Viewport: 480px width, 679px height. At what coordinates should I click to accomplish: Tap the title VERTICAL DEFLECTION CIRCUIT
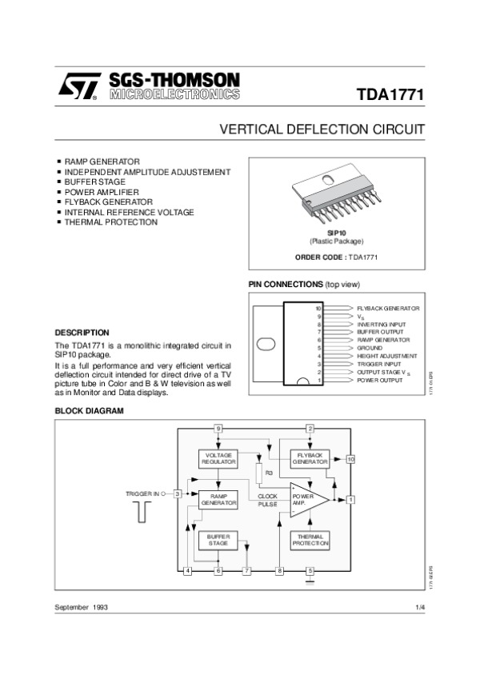pyautogui.click(x=322, y=130)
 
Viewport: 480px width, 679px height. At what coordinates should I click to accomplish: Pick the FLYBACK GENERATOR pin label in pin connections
pyautogui.click(x=388, y=308)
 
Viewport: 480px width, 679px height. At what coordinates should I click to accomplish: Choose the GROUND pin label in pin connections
pyautogui.click(x=370, y=348)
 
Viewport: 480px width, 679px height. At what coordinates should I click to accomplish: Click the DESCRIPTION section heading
pyautogui.click(x=81, y=332)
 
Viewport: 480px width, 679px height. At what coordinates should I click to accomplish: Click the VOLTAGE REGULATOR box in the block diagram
pyautogui.click(x=218, y=458)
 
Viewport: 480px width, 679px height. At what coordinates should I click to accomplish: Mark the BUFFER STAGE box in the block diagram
pyautogui.click(x=218, y=539)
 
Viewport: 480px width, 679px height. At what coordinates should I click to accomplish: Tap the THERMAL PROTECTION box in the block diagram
pyautogui.click(x=310, y=539)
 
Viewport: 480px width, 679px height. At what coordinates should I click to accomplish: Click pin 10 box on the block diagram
pyautogui.click(x=350, y=458)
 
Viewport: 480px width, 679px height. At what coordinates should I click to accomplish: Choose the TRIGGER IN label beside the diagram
pyautogui.click(x=144, y=493)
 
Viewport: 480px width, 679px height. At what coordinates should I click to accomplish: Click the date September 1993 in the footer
pyautogui.click(x=81, y=608)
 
